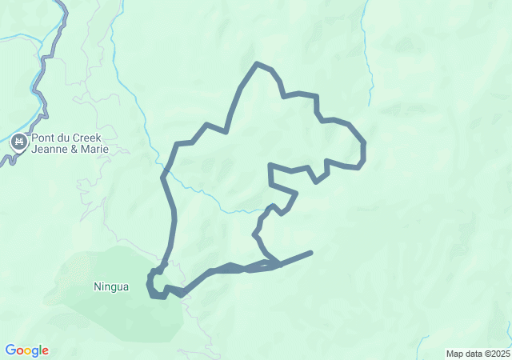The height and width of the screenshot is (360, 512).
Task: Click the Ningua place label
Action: point(110,286)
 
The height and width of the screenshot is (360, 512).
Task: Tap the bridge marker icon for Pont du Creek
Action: point(19,143)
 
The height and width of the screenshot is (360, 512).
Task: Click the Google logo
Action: point(26,350)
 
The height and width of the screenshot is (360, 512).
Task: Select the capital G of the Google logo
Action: point(10,350)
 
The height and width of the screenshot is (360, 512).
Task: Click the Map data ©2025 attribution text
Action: point(478,354)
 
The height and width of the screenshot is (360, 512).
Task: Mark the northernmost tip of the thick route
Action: point(256,63)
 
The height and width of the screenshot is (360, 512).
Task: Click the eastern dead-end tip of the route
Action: point(310,253)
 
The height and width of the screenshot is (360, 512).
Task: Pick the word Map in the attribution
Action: point(455,354)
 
